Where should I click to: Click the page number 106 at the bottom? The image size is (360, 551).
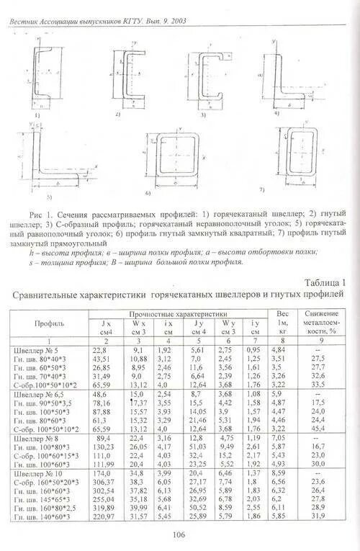[x=179, y=534]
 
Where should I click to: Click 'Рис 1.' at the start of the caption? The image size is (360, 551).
[x=42, y=215]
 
